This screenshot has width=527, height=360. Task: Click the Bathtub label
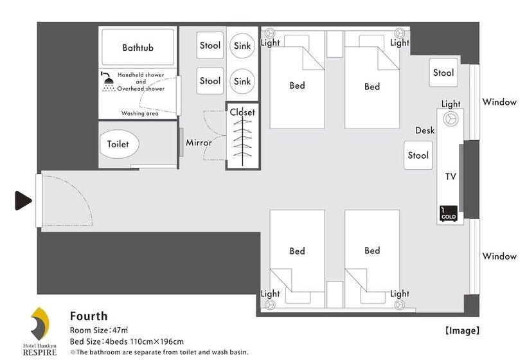(138, 48)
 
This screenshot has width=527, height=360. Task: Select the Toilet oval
(119, 144)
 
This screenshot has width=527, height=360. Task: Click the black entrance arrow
(23, 201)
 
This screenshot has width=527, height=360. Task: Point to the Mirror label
(199, 143)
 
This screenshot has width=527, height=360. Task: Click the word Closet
(242, 113)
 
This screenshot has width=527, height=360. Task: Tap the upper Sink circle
(242, 46)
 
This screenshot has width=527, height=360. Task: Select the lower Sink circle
(242, 81)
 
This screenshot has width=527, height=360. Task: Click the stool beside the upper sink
(210, 46)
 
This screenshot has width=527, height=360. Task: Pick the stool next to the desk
(418, 155)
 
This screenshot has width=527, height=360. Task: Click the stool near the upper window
(443, 73)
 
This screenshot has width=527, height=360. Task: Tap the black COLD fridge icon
(449, 213)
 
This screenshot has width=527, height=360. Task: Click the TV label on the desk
(451, 177)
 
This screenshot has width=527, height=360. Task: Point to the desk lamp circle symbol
(451, 119)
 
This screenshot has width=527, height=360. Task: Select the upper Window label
(499, 102)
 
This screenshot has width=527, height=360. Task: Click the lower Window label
(499, 256)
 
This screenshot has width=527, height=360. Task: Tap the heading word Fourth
(89, 316)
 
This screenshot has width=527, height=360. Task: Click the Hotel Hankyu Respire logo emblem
(40, 324)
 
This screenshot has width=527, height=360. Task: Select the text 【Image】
(463, 331)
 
